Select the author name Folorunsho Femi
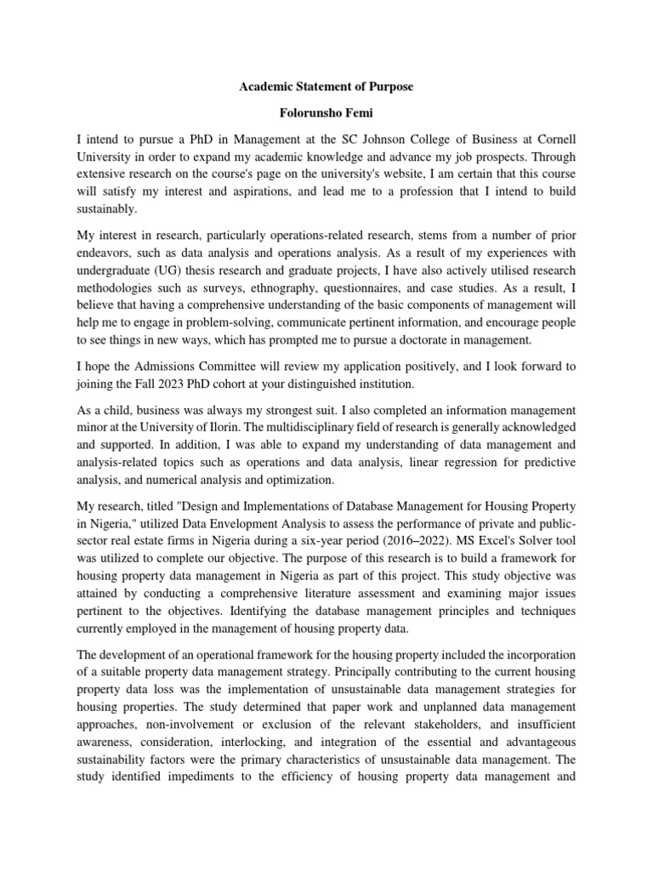coord(326,112)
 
